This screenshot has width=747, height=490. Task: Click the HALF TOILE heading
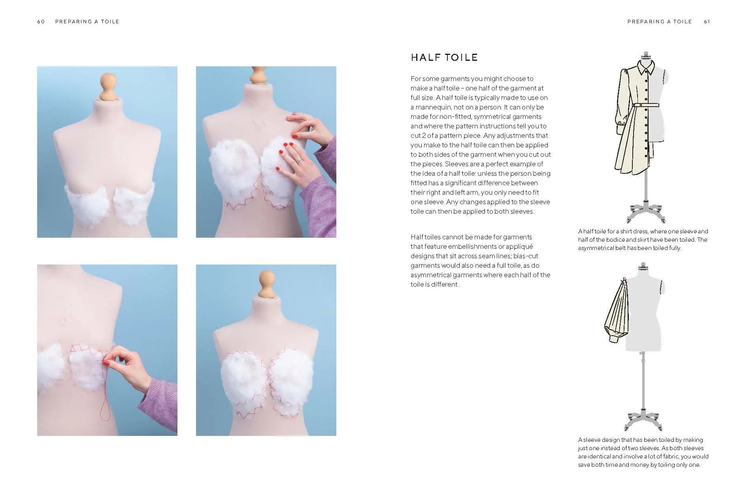point(444,58)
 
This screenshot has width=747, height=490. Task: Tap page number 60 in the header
point(41,22)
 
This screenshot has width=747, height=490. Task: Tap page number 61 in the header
point(707,22)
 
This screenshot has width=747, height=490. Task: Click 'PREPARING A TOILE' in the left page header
point(87,22)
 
